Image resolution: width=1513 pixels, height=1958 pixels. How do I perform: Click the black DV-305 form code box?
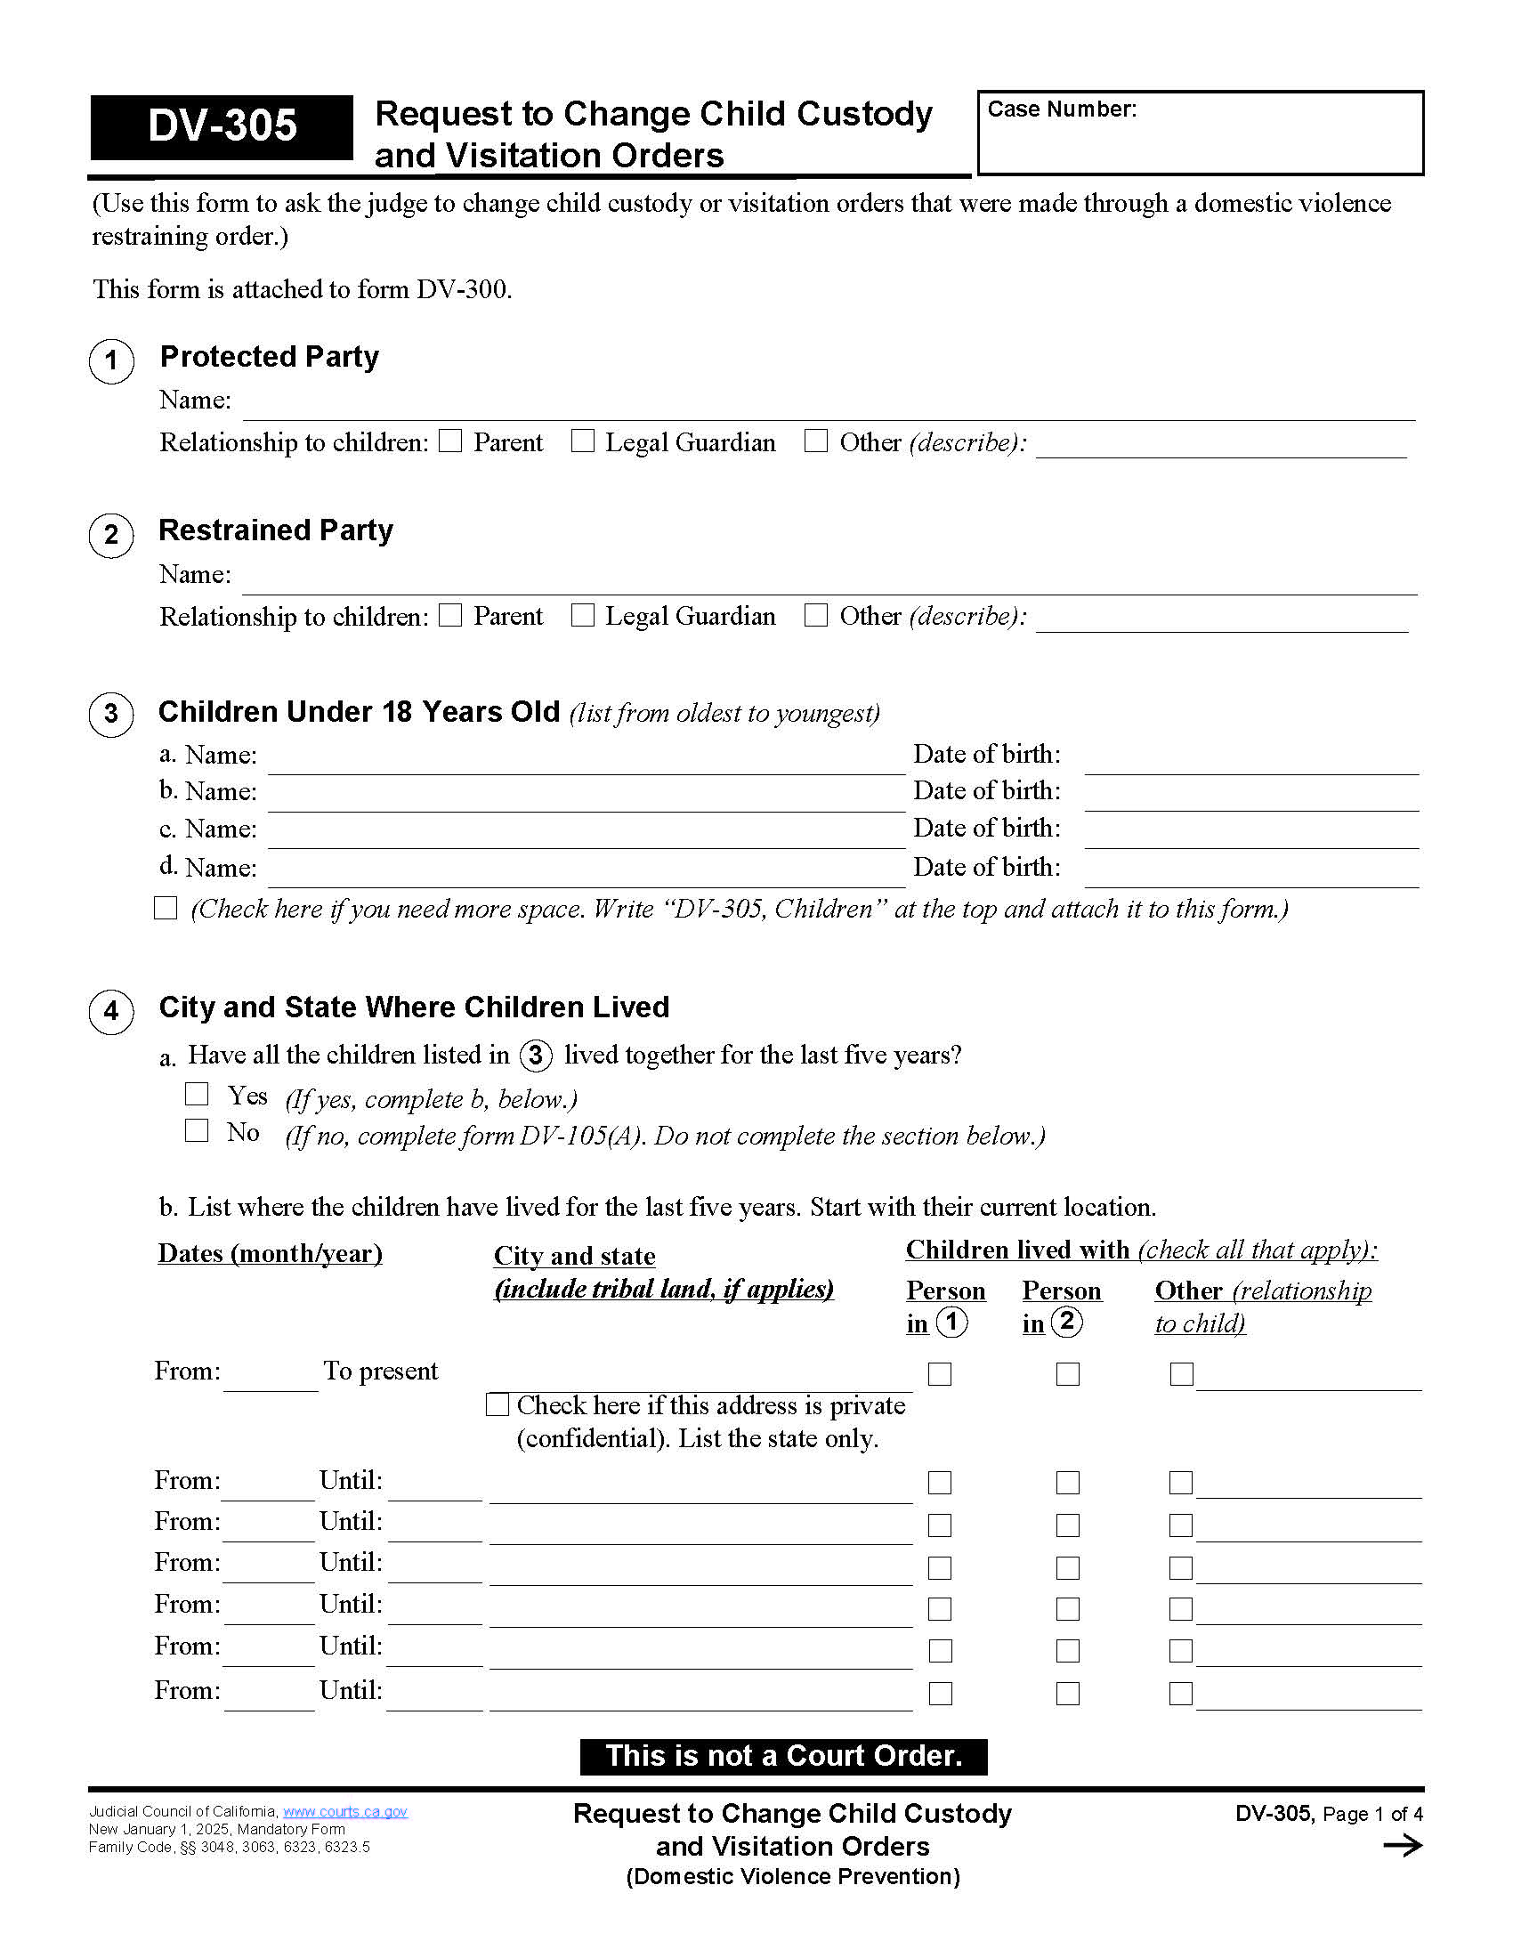pyautogui.click(x=222, y=126)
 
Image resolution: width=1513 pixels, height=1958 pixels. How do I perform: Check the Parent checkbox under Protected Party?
pyautogui.click(x=451, y=441)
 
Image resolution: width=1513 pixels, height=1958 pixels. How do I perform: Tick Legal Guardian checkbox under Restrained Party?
pyautogui.click(x=583, y=615)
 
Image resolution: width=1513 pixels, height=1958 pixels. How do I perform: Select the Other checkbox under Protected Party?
pyautogui.click(x=815, y=441)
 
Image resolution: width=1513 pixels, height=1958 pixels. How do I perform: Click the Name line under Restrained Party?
pyautogui.click(x=829, y=579)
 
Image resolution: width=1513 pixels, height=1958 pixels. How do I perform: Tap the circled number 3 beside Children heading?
pyautogui.click(x=111, y=715)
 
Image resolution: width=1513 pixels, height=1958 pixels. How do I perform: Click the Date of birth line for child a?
pyautogui.click(x=1250, y=759)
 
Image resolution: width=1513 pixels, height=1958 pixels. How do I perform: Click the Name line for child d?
pyautogui.click(x=587, y=872)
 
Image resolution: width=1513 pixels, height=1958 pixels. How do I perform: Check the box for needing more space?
pyautogui.click(x=166, y=908)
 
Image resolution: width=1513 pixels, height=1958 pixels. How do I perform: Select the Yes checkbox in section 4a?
pyautogui.click(x=197, y=1094)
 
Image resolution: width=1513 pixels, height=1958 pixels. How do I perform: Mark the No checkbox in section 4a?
pyautogui.click(x=197, y=1130)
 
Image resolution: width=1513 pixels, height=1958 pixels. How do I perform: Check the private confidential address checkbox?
pyautogui.click(x=498, y=1404)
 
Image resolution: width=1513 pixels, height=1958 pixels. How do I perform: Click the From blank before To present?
pyautogui.click(x=271, y=1376)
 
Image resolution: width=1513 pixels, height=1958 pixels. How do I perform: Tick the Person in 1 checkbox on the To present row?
pyautogui.click(x=939, y=1373)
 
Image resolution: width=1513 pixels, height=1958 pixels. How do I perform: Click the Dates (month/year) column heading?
pyautogui.click(x=270, y=1253)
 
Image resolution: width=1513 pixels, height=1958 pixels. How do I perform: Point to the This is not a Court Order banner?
pyautogui.click(x=782, y=1755)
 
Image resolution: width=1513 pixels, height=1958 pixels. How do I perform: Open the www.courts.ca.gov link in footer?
pyautogui.click(x=345, y=1812)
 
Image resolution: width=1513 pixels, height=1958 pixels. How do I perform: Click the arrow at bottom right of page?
pyautogui.click(x=1403, y=1845)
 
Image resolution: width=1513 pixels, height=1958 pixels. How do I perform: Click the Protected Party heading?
pyautogui.click(x=269, y=357)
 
